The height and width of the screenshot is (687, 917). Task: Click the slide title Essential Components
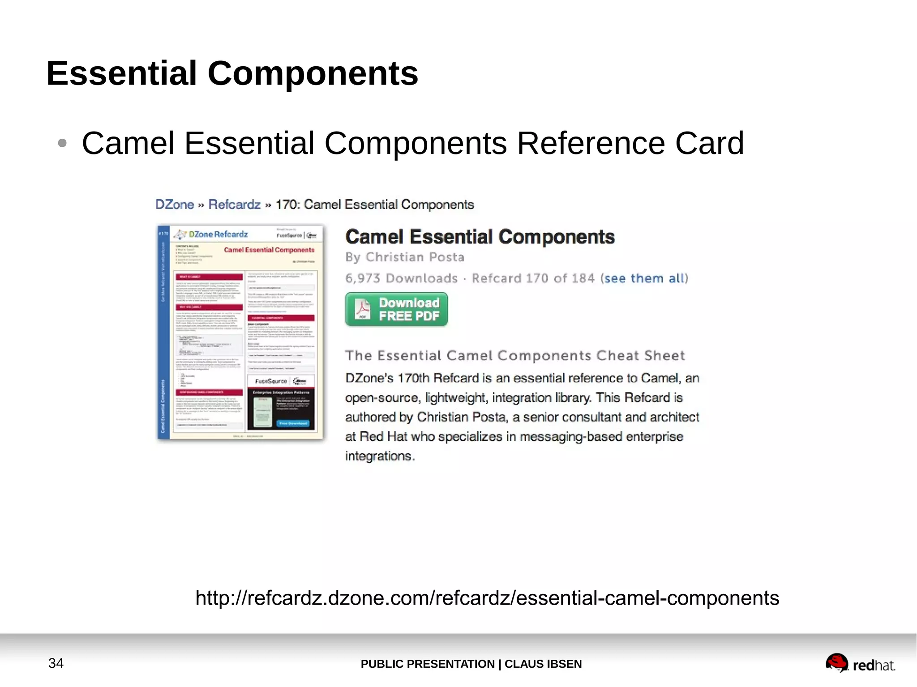coord(232,73)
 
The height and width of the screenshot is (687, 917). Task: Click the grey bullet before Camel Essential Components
coord(62,143)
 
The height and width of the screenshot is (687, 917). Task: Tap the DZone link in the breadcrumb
coord(174,205)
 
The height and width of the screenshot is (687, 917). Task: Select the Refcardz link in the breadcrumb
coord(234,205)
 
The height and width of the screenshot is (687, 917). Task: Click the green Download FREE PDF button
coord(396,309)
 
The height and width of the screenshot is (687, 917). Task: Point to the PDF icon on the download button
coord(362,309)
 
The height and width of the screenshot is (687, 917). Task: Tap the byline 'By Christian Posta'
coord(405,257)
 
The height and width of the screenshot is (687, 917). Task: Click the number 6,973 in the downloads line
coord(363,278)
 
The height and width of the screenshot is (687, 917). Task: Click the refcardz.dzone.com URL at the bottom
coord(487,598)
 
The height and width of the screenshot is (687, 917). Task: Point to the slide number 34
coord(56,663)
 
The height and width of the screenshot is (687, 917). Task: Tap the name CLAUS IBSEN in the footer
coord(543,664)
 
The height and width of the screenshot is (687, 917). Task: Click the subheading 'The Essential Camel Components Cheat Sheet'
coord(515,356)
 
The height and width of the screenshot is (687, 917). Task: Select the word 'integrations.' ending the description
coord(380,456)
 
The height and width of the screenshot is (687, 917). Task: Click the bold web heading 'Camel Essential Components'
coord(480,237)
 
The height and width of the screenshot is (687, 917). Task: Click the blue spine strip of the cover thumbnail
coord(163,332)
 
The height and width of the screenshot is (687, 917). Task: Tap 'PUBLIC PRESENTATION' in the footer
coord(428,664)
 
